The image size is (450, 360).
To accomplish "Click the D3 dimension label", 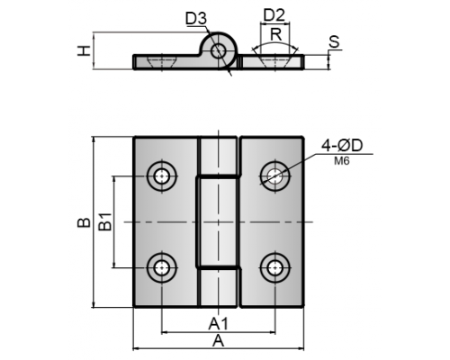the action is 196,19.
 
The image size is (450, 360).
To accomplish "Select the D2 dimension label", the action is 274,15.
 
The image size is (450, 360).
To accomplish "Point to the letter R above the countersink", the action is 276,34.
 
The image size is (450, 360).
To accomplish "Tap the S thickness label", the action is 334,41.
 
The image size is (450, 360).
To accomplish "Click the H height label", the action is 85,50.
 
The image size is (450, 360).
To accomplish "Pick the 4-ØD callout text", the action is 342,146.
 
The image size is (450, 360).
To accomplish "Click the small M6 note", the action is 342,161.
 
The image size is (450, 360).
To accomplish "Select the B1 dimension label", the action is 105,221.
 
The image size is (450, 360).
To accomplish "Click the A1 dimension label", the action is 219,324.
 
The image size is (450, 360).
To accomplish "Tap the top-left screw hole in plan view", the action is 162,176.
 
